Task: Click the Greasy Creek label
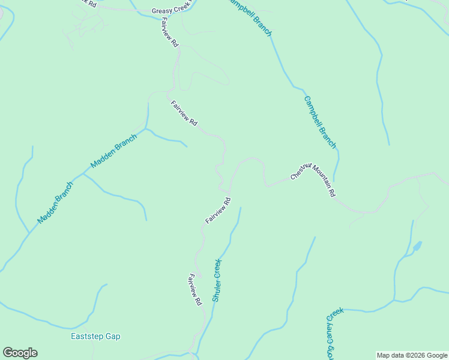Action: (x=170, y=10)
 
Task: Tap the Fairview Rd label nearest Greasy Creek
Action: (x=170, y=32)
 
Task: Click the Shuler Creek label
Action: (x=217, y=280)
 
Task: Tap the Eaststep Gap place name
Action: (x=95, y=336)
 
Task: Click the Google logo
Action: (x=20, y=353)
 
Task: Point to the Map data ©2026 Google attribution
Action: (x=412, y=355)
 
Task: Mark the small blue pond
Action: (x=417, y=246)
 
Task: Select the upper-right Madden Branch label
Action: (x=114, y=150)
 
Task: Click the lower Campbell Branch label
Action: (x=320, y=122)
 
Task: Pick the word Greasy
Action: (x=161, y=11)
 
